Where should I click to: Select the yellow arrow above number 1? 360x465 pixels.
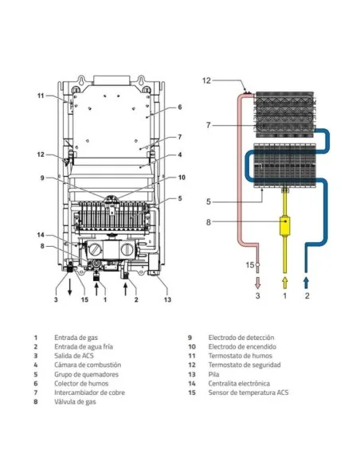284,283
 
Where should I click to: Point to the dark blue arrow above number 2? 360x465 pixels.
306,283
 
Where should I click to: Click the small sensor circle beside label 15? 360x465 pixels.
258,264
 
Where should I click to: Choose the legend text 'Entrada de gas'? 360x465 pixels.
76,338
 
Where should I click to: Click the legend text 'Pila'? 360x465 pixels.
213,374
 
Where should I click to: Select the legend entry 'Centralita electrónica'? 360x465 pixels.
239,384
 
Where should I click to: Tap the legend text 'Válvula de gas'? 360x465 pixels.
75,402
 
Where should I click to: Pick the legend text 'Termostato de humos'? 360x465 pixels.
241,356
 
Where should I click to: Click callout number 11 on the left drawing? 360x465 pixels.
41,96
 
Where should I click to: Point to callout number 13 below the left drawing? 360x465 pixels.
167,299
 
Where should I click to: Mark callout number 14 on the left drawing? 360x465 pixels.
41,235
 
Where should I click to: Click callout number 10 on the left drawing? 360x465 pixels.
182,178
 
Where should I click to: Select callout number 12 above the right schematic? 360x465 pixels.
206,80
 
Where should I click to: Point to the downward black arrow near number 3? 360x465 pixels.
69,287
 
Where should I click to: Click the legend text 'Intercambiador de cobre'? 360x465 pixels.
89,393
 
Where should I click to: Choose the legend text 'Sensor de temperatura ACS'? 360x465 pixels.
248,393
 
